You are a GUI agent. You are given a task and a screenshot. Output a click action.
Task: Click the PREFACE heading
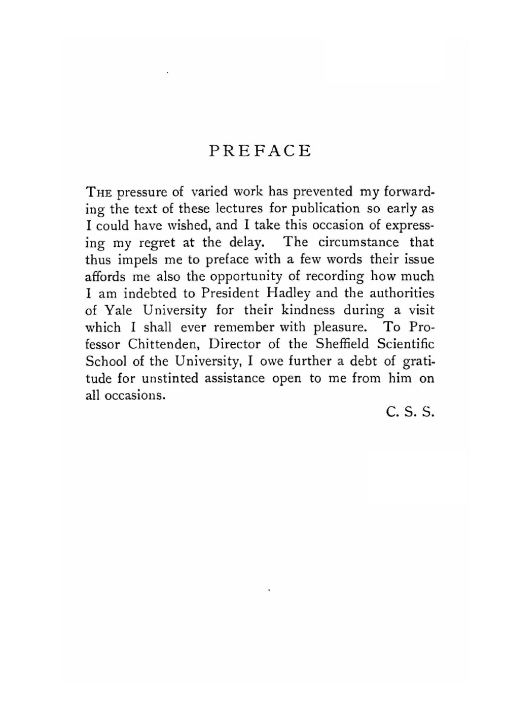(260, 151)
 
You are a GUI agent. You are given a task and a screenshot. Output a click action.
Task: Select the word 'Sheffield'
(342, 344)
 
